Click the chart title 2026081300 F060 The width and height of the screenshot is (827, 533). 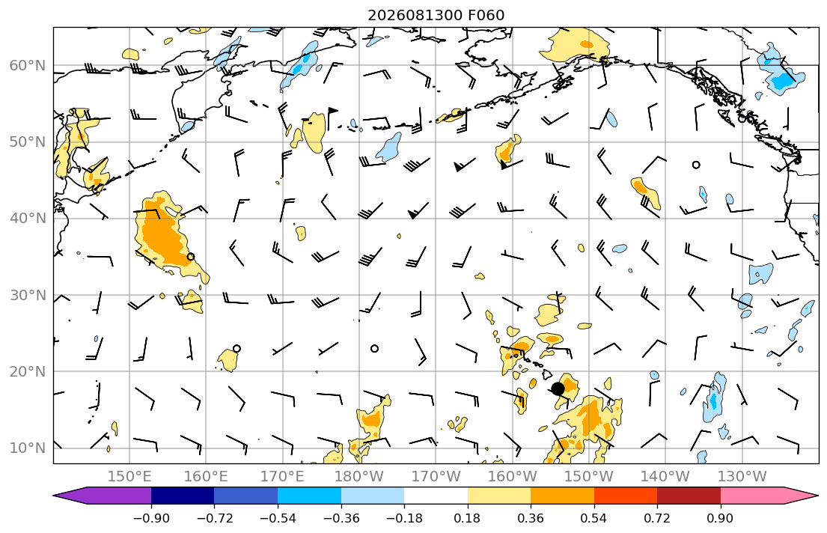coord(436,15)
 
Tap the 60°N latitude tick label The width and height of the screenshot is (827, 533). coord(28,65)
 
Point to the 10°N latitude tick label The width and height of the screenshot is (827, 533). coord(28,448)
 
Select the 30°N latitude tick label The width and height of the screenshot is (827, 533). coord(28,295)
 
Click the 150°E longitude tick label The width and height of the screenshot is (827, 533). coord(129,477)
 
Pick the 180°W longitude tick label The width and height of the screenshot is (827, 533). coord(359,477)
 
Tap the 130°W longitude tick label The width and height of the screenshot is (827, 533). coord(742,477)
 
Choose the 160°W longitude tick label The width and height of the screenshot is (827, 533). coord(513,477)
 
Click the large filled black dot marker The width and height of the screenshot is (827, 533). coord(558,389)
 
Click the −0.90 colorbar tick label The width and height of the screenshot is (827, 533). coord(151,518)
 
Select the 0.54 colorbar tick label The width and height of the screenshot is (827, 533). coord(594,518)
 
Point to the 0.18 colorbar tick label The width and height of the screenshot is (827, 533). coord(467,518)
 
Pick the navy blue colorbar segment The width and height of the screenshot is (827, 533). coord(183,496)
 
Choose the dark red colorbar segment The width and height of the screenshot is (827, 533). coord(689,496)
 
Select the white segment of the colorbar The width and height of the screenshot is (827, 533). coord(436,496)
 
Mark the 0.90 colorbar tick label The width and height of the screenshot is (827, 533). coord(721,518)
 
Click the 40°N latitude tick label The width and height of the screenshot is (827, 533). coord(28,219)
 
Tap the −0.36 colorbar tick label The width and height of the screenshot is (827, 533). coord(341,518)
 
